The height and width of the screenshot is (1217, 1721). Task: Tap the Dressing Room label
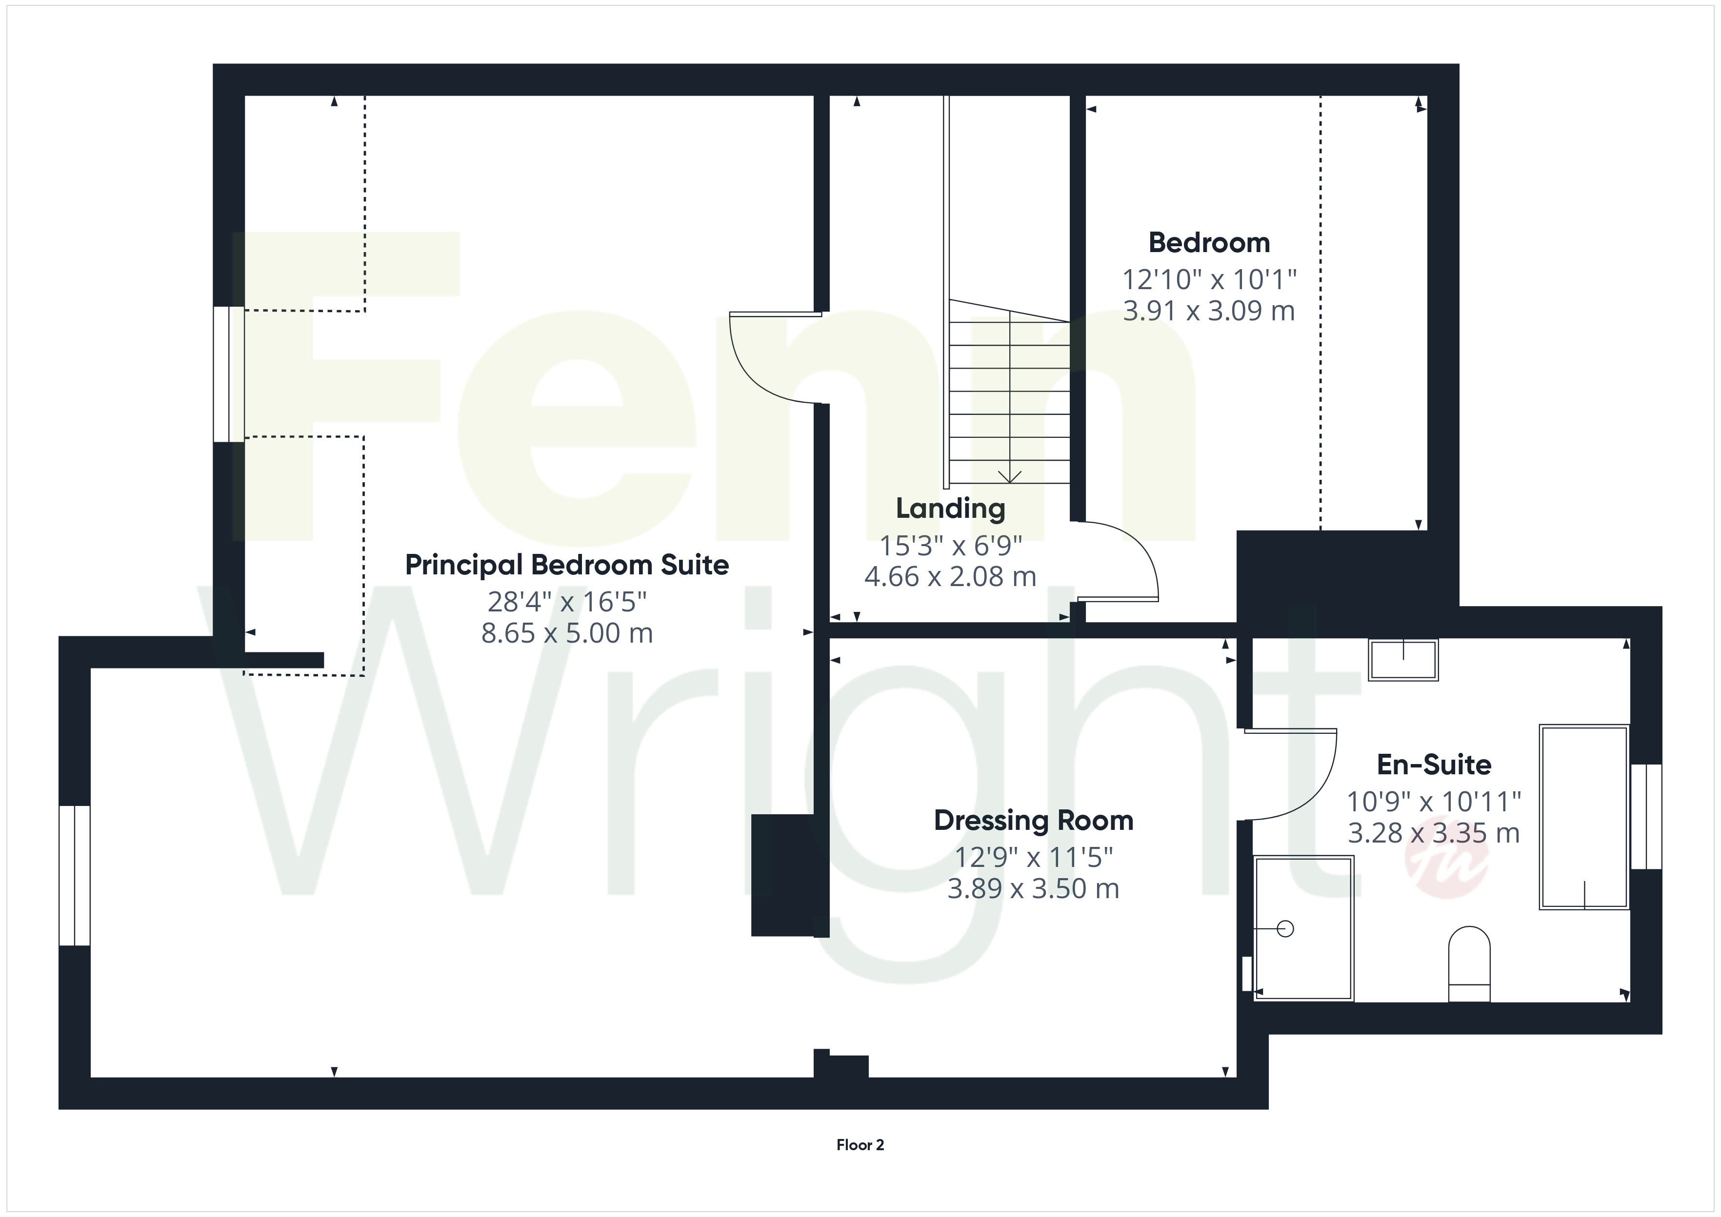coord(1034,821)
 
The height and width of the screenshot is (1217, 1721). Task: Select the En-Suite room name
coord(1434,765)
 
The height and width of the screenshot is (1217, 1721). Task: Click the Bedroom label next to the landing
coord(1209,243)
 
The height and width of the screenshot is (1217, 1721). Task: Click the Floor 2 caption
coord(860,1144)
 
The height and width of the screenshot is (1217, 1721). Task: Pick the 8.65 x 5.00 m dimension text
coord(567,634)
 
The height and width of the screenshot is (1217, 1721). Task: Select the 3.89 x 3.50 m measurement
coord(1034,889)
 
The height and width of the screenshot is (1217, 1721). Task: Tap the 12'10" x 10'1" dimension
coord(1209,279)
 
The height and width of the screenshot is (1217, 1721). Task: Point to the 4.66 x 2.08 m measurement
coord(950,577)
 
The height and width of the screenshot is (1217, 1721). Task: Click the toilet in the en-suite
coord(1469,964)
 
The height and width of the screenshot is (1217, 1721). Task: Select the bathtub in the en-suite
coord(1584,817)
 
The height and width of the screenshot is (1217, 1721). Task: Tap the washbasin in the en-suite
coord(1403,660)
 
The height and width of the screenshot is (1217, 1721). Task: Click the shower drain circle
coord(1285,929)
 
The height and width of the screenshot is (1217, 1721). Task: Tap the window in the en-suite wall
coord(1646,817)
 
